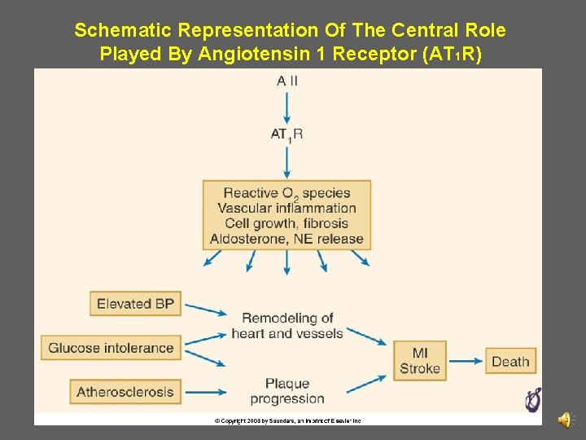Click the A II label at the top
tap(286, 81)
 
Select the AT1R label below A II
tap(286, 134)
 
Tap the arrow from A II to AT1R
tap(286, 107)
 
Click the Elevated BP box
tap(135, 304)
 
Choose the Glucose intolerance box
tap(111, 348)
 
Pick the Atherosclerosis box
tap(125, 392)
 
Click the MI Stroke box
tap(420, 360)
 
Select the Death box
tap(510, 361)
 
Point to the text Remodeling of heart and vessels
tap(287, 325)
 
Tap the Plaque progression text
tap(287, 390)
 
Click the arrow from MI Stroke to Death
tap(466, 361)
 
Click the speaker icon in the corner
tap(564, 419)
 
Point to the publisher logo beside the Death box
tap(533, 399)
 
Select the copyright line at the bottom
tap(287, 420)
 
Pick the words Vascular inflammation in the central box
tap(286, 208)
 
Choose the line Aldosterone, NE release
tap(286, 239)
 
